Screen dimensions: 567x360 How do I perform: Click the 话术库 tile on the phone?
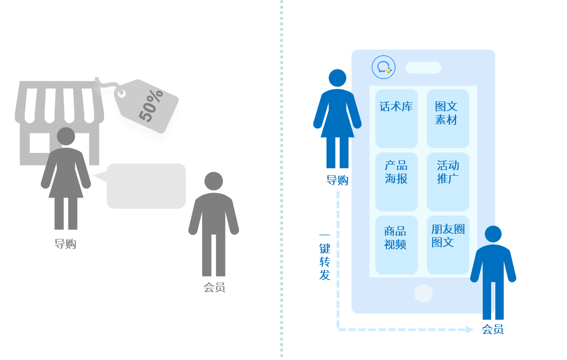(397, 118)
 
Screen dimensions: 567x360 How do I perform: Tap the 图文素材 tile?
(448, 118)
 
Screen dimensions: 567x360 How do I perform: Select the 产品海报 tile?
(397, 182)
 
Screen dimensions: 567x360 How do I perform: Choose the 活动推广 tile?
(448, 182)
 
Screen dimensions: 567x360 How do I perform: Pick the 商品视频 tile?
(397, 245)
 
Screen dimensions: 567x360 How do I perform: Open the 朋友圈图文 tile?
(448, 245)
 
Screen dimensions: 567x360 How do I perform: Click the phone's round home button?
(423, 293)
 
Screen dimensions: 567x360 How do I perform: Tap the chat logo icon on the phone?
(383, 67)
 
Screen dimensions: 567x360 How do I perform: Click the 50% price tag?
(147, 105)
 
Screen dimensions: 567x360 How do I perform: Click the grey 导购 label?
(65, 244)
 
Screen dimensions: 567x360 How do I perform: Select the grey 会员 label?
(214, 287)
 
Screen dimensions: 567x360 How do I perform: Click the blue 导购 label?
(337, 180)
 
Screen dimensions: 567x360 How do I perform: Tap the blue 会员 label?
(493, 329)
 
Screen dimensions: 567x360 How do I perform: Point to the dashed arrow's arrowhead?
(470, 330)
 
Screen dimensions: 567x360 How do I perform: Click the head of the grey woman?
(66, 136)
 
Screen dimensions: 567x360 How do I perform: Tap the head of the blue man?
(493, 234)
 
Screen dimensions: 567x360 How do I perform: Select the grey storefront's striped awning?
(59, 102)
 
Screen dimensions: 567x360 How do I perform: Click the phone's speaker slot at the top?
(423, 67)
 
